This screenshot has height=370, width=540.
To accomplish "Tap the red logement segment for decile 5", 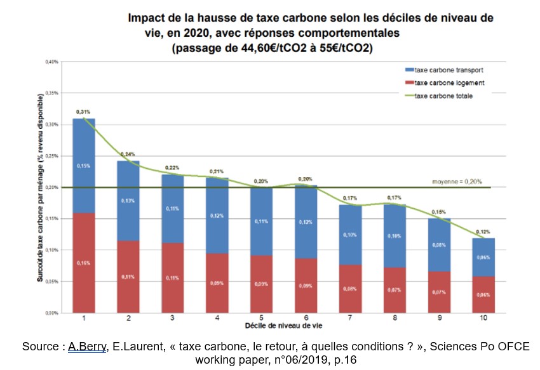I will click(261, 284).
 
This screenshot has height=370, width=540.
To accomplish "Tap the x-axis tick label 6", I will click(306, 318).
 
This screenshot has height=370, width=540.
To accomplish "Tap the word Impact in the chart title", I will click(148, 18).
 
